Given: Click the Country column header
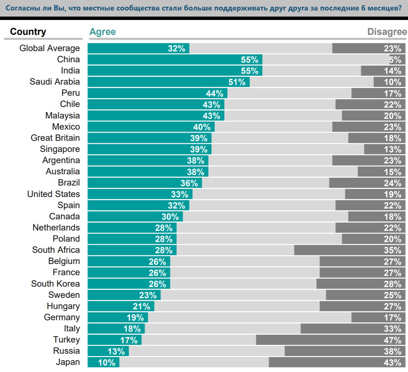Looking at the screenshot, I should pos(28,32).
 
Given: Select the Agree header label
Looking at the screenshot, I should pos(103,32).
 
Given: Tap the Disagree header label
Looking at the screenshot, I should pos(387,32).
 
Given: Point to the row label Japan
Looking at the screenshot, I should pos(68,362).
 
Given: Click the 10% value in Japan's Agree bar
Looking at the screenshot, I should pos(107,363).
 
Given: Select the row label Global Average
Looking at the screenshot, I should pos(49,48).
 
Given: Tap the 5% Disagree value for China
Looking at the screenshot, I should pos(395,60).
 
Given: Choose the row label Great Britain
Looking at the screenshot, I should pos(55,138).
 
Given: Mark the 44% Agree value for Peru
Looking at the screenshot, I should pos(214,93).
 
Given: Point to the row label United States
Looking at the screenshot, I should pos(53,194).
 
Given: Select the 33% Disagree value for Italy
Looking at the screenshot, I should pos(392,329).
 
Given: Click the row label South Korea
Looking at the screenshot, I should pos(55,284).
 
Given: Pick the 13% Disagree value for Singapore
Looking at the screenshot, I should pos(392,149).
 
